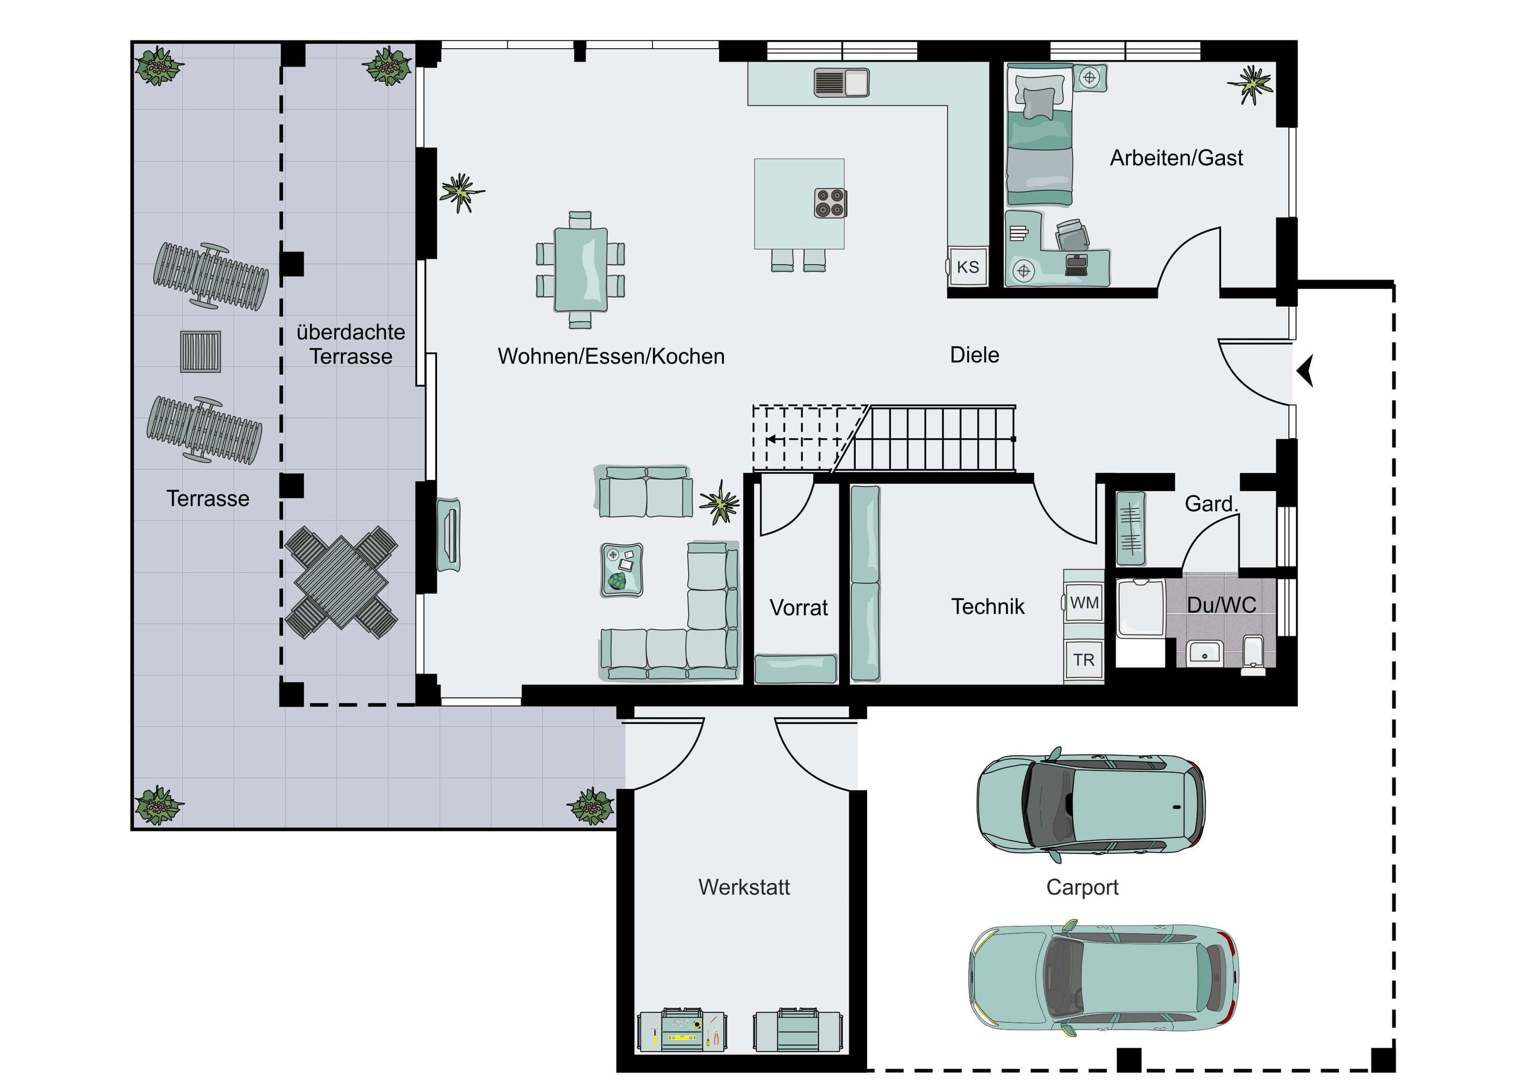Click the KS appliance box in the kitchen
pyautogui.click(x=968, y=266)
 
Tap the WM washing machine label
pyautogui.click(x=1084, y=602)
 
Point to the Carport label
pyautogui.click(x=1082, y=887)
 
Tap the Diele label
pyautogui.click(x=974, y=354)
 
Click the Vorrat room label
pyautogui.click(x=799, y=607)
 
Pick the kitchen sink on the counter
pyautogui.click(x=842, y=83)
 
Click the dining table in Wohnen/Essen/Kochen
pyautogui.click(x=581, y=270)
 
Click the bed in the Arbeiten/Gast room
pyautogui.click(x=1039, y=135)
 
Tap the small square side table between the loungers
pyautogui.click(x=200, y=352)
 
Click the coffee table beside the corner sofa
pyautogui.click(x=622, y=570)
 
